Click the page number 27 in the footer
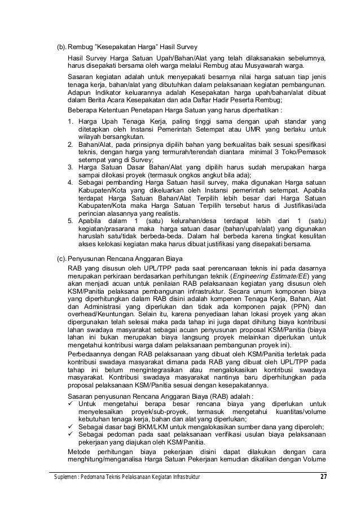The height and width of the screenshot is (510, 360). tap(323, 480)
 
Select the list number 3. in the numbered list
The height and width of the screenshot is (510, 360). tap(70, 168)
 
